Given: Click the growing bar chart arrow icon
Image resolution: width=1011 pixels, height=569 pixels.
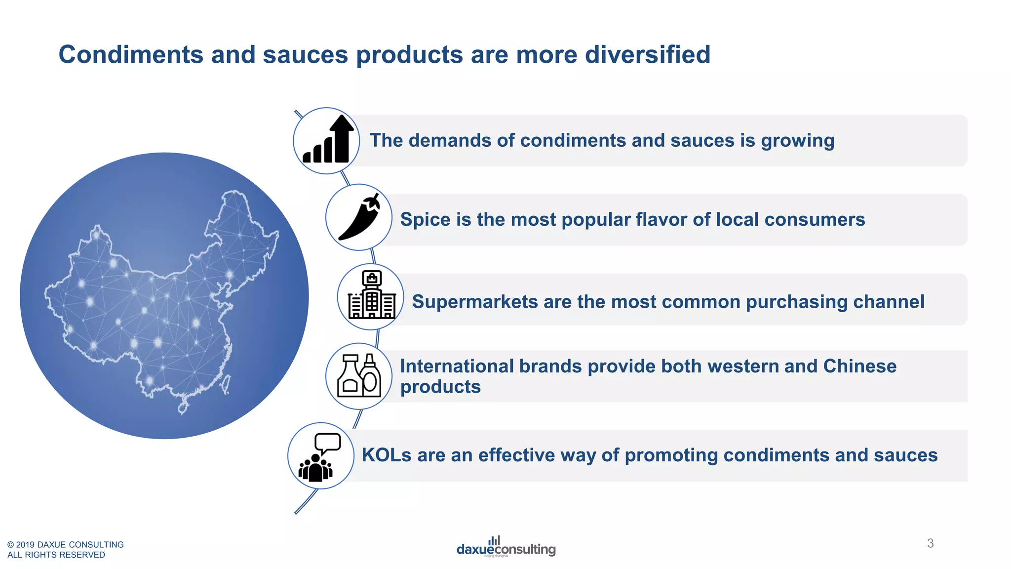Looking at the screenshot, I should point(328,140).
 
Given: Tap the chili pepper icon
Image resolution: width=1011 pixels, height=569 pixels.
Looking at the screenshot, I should point(359,217).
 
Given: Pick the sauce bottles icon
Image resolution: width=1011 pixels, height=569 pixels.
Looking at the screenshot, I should point(359,376).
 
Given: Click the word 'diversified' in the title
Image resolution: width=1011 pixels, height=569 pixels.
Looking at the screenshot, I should point(647,54).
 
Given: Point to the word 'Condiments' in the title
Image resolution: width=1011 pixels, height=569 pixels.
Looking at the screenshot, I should point(131,54).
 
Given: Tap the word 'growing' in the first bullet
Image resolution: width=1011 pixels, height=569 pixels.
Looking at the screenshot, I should point(797,141).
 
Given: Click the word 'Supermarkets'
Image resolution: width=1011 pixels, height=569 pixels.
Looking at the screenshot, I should point(475,302).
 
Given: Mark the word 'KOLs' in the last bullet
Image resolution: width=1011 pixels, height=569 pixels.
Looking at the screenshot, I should point(386,455).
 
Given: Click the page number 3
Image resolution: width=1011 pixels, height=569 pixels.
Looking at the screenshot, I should point(930,543).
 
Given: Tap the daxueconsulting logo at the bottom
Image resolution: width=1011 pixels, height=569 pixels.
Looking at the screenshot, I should point(506,547).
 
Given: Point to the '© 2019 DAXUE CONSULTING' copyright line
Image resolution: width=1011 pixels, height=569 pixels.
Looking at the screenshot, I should point(66,544).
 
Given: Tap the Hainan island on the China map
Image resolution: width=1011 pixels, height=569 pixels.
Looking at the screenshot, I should point(183,408).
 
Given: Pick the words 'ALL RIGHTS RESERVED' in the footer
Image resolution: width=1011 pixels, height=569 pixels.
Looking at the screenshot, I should point(56,555).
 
